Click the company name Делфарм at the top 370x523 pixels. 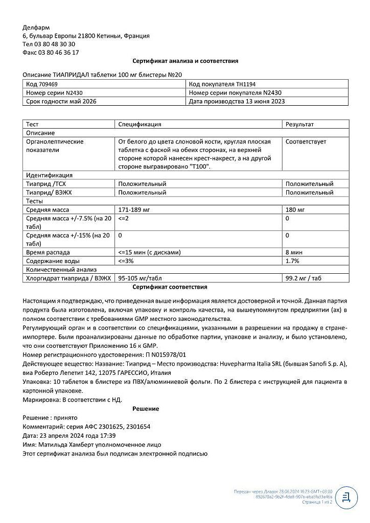[37, 27]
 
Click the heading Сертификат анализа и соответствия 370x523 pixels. [185, 61]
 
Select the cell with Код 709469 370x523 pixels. [42, 84]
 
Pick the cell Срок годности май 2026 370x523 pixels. [61, 101]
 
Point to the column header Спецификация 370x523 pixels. [140, 124]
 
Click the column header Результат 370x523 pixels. [300, 124]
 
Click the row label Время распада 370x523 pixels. [48, 252]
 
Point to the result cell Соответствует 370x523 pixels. [306, 141]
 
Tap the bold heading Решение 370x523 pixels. [146, 409]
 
